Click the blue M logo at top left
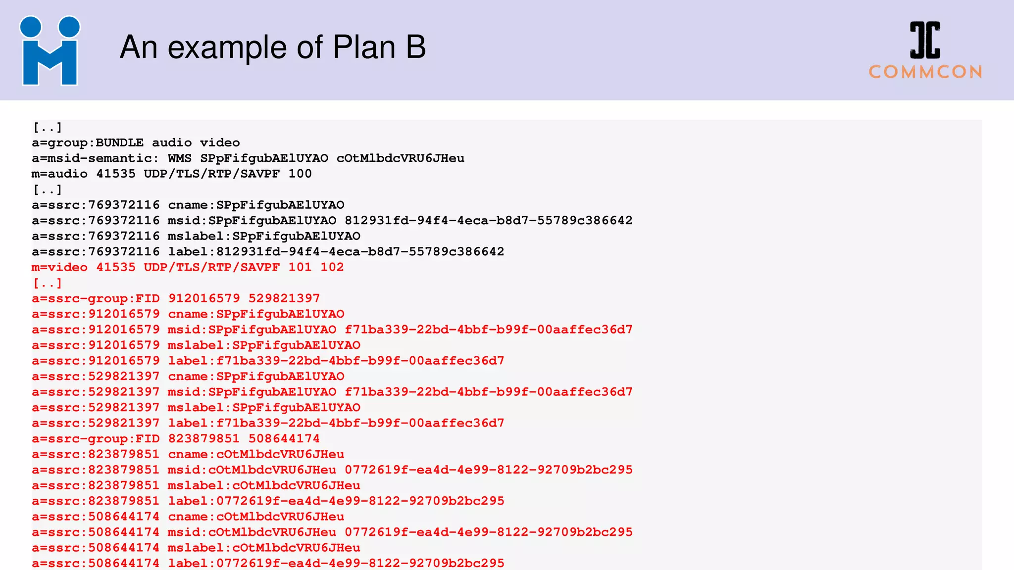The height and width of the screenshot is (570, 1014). (x=50, y=51)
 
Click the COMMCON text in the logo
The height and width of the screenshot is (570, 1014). (x=925, y=72)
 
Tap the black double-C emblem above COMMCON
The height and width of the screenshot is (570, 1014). (x=925, y=40)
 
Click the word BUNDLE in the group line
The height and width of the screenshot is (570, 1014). (x=120, y=143)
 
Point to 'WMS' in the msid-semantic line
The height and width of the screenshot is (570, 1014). (x=180, y=158)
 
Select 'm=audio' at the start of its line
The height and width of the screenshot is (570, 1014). (x=59, y=174)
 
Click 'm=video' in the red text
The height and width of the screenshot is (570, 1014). (x=59, y=267)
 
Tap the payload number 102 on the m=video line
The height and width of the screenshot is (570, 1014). (x=332, y=267)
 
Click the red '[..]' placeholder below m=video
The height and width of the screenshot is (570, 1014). (x=48, y=284)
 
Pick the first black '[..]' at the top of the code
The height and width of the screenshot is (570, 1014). (x=48, y=128)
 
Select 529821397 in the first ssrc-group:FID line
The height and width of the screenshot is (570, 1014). (x=284, y=298)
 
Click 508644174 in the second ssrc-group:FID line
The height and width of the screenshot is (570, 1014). (x=284, y=438)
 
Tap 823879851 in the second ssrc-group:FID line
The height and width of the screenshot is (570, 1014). (x=204, y=438)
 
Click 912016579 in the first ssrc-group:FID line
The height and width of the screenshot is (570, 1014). (x=204, y=298)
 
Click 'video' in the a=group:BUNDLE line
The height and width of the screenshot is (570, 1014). (x=220, y=143)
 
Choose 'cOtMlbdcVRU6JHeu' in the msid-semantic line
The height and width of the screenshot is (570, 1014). (x=400, y=158)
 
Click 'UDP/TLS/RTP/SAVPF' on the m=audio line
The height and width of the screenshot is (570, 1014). (x=212, y=174)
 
